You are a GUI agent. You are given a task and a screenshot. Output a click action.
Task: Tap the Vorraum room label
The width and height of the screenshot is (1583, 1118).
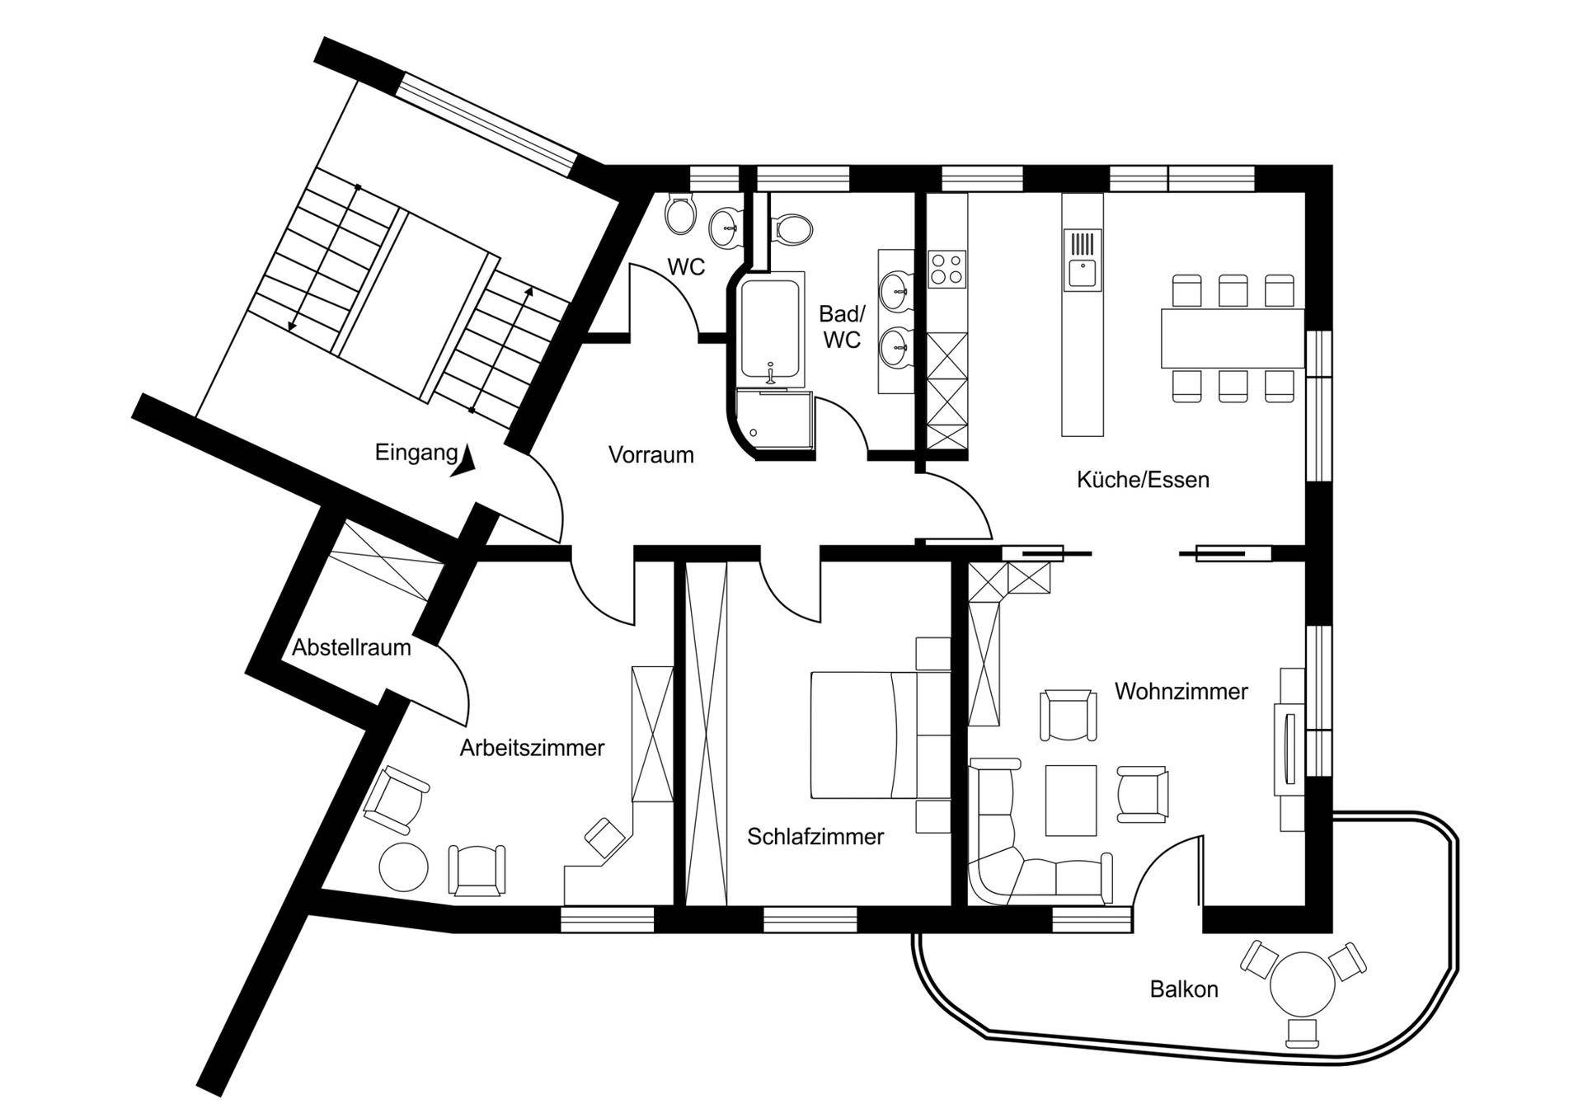(x=651, y=454)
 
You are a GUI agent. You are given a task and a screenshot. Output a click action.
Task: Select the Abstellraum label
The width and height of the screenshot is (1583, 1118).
(x=351, y=647)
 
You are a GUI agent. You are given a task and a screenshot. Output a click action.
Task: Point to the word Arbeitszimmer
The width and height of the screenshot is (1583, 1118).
(x=532, y=748)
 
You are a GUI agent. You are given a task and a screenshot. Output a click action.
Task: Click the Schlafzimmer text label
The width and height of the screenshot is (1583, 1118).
(x=815, y=836)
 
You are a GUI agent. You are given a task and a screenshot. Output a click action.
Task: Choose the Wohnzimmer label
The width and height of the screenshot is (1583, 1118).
(x=1181, y=691)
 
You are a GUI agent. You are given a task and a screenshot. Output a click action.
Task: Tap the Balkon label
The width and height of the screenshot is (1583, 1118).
(x=1184, y=989)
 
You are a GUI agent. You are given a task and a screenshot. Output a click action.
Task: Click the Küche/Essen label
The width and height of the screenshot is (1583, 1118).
(x=1143, y=480)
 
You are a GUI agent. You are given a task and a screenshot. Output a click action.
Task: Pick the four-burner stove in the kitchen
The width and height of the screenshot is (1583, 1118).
(x=947, y=269)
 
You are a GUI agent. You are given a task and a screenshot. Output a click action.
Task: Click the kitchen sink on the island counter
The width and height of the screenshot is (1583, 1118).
(x=1082, y=261)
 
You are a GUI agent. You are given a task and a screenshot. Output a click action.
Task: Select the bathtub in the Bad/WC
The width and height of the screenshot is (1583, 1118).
(x=770, y=331)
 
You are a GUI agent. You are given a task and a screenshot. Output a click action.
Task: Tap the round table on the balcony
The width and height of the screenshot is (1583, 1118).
(x=1303, y=984)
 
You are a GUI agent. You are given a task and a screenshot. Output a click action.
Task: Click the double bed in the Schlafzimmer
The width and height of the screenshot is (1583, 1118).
(x=863, y=735)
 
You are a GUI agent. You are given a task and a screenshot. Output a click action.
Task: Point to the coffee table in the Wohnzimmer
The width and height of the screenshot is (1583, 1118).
(x=1071, y=800)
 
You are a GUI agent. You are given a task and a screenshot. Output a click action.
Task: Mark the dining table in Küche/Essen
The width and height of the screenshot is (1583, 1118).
(x=1233, y=337)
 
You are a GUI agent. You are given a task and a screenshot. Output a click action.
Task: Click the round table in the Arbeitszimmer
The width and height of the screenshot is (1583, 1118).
(x=403, y=867)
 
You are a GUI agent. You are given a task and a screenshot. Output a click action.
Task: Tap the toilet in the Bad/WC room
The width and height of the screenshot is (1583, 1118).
(x=790, y=228)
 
